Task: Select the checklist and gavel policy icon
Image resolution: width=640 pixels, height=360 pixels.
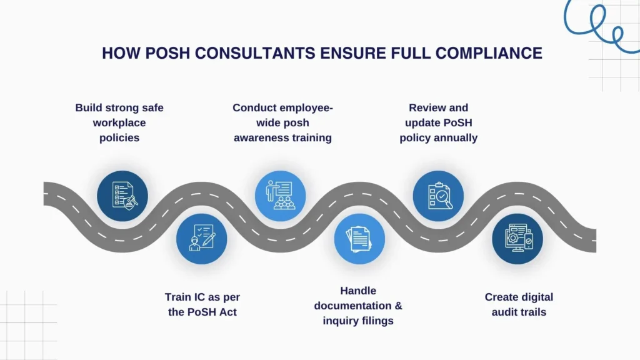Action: [122, 196]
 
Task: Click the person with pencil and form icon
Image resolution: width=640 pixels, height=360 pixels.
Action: [202, 238]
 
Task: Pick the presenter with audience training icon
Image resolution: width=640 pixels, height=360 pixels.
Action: [281, 196]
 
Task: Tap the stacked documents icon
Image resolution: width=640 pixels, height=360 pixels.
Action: [359, 238]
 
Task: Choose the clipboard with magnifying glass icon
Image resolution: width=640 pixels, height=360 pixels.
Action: [438, 196]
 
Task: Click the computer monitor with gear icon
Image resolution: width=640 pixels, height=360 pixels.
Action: [517, 238]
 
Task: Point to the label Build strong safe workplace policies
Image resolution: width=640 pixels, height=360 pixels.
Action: [119, 122]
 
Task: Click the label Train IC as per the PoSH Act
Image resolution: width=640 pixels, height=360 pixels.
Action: [201, 304]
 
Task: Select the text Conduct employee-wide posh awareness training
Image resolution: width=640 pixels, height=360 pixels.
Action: [282, 122]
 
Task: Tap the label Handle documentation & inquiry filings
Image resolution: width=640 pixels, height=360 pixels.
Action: [358, 306]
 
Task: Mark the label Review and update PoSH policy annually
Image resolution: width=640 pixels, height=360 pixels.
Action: [438, 122]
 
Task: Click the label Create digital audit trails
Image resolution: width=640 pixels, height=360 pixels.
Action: [519, 304]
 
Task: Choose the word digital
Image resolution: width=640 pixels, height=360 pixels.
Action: [536, 297]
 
